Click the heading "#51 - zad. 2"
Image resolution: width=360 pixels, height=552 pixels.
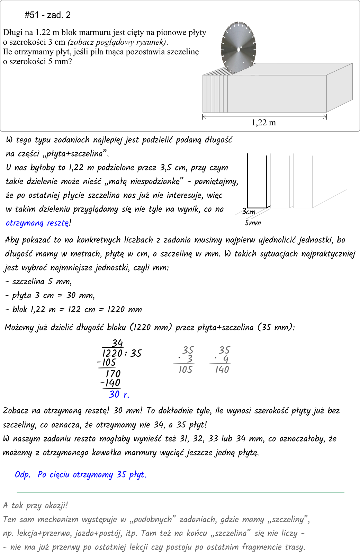coord(48,15)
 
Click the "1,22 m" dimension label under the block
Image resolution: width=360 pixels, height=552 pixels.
coord(264,123)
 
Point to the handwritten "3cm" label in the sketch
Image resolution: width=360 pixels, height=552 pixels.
coord(249,211)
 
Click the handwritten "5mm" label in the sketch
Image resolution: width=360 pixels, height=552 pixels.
coord(253,223)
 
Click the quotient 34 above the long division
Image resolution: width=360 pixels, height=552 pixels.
coord(117,343)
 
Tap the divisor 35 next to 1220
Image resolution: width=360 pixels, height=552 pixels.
coord(136,353)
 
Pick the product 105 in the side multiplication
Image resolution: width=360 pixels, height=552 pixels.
coord(185,370)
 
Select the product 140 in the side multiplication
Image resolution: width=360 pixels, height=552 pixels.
coord(222,370)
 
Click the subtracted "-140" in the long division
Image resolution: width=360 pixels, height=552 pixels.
coord(110,383)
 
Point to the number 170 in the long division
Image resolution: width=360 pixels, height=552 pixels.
coord(113,374)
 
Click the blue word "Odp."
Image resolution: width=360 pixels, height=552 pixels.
coord(23,474)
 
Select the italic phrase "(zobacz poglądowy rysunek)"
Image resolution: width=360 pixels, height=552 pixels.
coord(118,42)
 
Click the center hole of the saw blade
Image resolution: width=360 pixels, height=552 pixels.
coord(238,49)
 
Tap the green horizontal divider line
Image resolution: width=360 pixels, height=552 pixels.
coord(180,492)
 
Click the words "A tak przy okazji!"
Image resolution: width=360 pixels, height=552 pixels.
coord(36,505)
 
